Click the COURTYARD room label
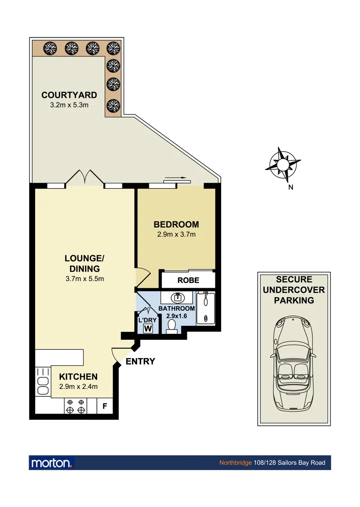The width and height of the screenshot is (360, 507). pyautogui.click(x=69, y=95)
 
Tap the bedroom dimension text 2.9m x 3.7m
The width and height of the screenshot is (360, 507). pyautogui.click(x=176, y=234)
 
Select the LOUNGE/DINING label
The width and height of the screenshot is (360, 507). pyautogui.click(x=84, y=263)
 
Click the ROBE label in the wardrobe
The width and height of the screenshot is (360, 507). pyautogui.click(x=188, y=280)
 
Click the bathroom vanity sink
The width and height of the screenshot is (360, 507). pyautogui.click(x=177, y=298)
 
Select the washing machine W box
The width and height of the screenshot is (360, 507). pyautogui.click(x=148, y=328)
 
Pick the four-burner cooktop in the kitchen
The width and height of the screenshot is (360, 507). pyautogui.click(x=76, y=406)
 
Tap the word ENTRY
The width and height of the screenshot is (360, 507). pyautogui.click(x=140, y=361)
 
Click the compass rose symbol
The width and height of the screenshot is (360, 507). pyautogui.click(x=283, y=165)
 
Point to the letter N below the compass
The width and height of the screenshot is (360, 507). pyautogui.click(x=291, y=188)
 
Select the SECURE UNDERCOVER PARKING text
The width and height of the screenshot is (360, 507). pyautogui.click(x=294, y=290)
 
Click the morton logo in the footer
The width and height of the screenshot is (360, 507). pyautogui.click(x=52, y=463)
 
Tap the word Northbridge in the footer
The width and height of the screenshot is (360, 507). pyautogui.click(x=235, y=463)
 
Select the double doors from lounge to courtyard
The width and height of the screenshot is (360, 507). pyautogui.click(x=84, y=177)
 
